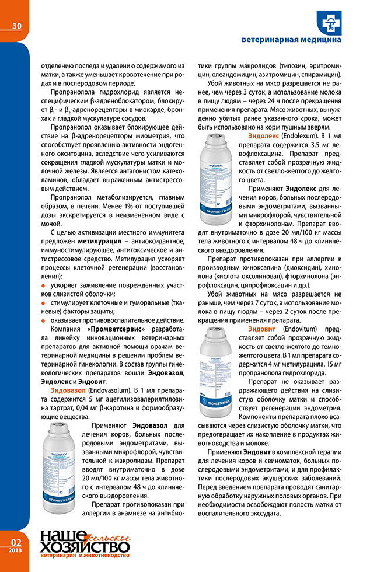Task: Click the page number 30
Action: click(x=16, y=26)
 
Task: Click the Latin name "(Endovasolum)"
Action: click(x=110, y=389)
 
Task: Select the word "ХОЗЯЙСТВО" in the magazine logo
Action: click(x=84, y=547)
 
